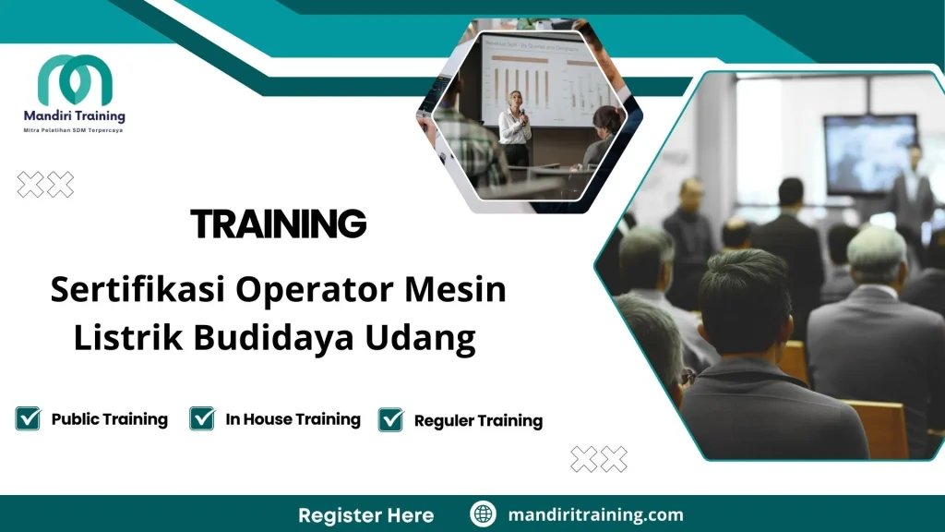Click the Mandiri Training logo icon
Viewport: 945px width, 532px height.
coord(75,81)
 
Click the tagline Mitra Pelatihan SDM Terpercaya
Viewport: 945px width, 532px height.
coord(74,130)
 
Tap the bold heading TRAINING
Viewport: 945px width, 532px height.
coord(278,224)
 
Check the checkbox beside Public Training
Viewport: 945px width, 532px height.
coord(29,418)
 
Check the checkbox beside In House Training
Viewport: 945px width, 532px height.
coord(202,418)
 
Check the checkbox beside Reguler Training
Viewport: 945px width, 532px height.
coord(391,419)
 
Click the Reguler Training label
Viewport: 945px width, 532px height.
coord(478,421)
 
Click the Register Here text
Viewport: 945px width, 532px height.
coord(365,514)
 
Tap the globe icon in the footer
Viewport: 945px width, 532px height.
coord(483,514)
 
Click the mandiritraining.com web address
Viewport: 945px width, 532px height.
coord(595,514)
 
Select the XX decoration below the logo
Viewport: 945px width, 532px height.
coord(46,185)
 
